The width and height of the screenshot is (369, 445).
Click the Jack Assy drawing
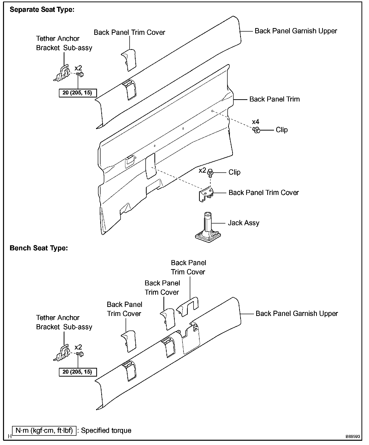click(x=208, y=228)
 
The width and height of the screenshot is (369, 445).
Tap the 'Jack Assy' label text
click(x=243, y=223)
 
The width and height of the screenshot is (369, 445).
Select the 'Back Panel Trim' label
click(x=274, y=99)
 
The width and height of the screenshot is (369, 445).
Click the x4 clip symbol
click(x=256, y=130)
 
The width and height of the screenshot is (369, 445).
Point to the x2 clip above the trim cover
click(x=210, y=172)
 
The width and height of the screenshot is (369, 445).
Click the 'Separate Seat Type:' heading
click(x=42, y=10)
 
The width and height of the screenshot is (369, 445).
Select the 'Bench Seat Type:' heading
click(x=39, y=248)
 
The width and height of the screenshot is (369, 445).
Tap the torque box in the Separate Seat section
click(x=77, y=93)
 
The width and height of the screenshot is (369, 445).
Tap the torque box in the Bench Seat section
click(x=77, y=372)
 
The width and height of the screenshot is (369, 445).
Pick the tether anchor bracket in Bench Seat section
click(x=62, y=352)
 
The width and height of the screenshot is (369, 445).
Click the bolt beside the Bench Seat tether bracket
click(x=80, y=354)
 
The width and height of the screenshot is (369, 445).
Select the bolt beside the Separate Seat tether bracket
click(x=80, y=74)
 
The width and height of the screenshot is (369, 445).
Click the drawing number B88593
click(x=353, y=436)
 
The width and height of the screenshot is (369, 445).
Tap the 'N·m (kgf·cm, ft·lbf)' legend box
click(x=44, y=430)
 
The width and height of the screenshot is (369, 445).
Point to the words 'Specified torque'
click(x=106, y=430)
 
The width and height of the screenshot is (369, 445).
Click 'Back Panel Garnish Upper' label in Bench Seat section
click(x=297, y=314)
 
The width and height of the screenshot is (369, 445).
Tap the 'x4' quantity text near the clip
click(x=255, y=122)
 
